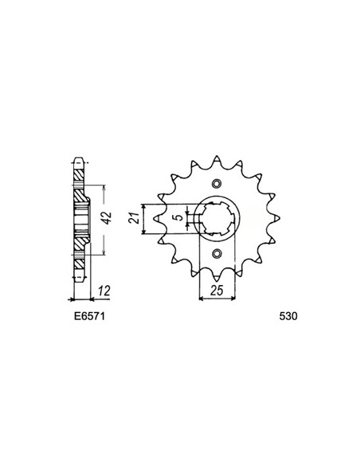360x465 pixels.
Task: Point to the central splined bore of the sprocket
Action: click(x=217, y=217)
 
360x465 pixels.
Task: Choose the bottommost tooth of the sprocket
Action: click(x=217, y=275)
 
